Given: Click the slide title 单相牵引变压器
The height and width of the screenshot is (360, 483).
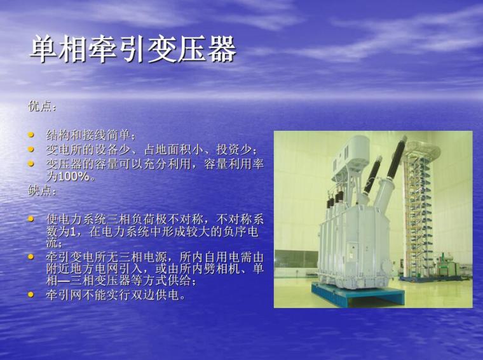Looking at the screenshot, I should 133,50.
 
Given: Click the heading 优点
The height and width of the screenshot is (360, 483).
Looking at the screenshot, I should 42,106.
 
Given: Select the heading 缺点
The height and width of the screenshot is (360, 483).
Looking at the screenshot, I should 42,190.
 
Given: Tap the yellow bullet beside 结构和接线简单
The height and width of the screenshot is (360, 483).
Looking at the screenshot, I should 32,135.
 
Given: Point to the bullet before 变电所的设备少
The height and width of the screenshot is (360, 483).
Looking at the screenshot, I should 32,149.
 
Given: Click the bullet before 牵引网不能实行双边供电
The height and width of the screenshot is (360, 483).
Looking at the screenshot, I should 32,295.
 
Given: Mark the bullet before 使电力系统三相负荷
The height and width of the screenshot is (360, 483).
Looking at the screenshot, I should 32,218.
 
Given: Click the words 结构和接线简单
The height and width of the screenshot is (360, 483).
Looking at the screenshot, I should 88,135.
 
